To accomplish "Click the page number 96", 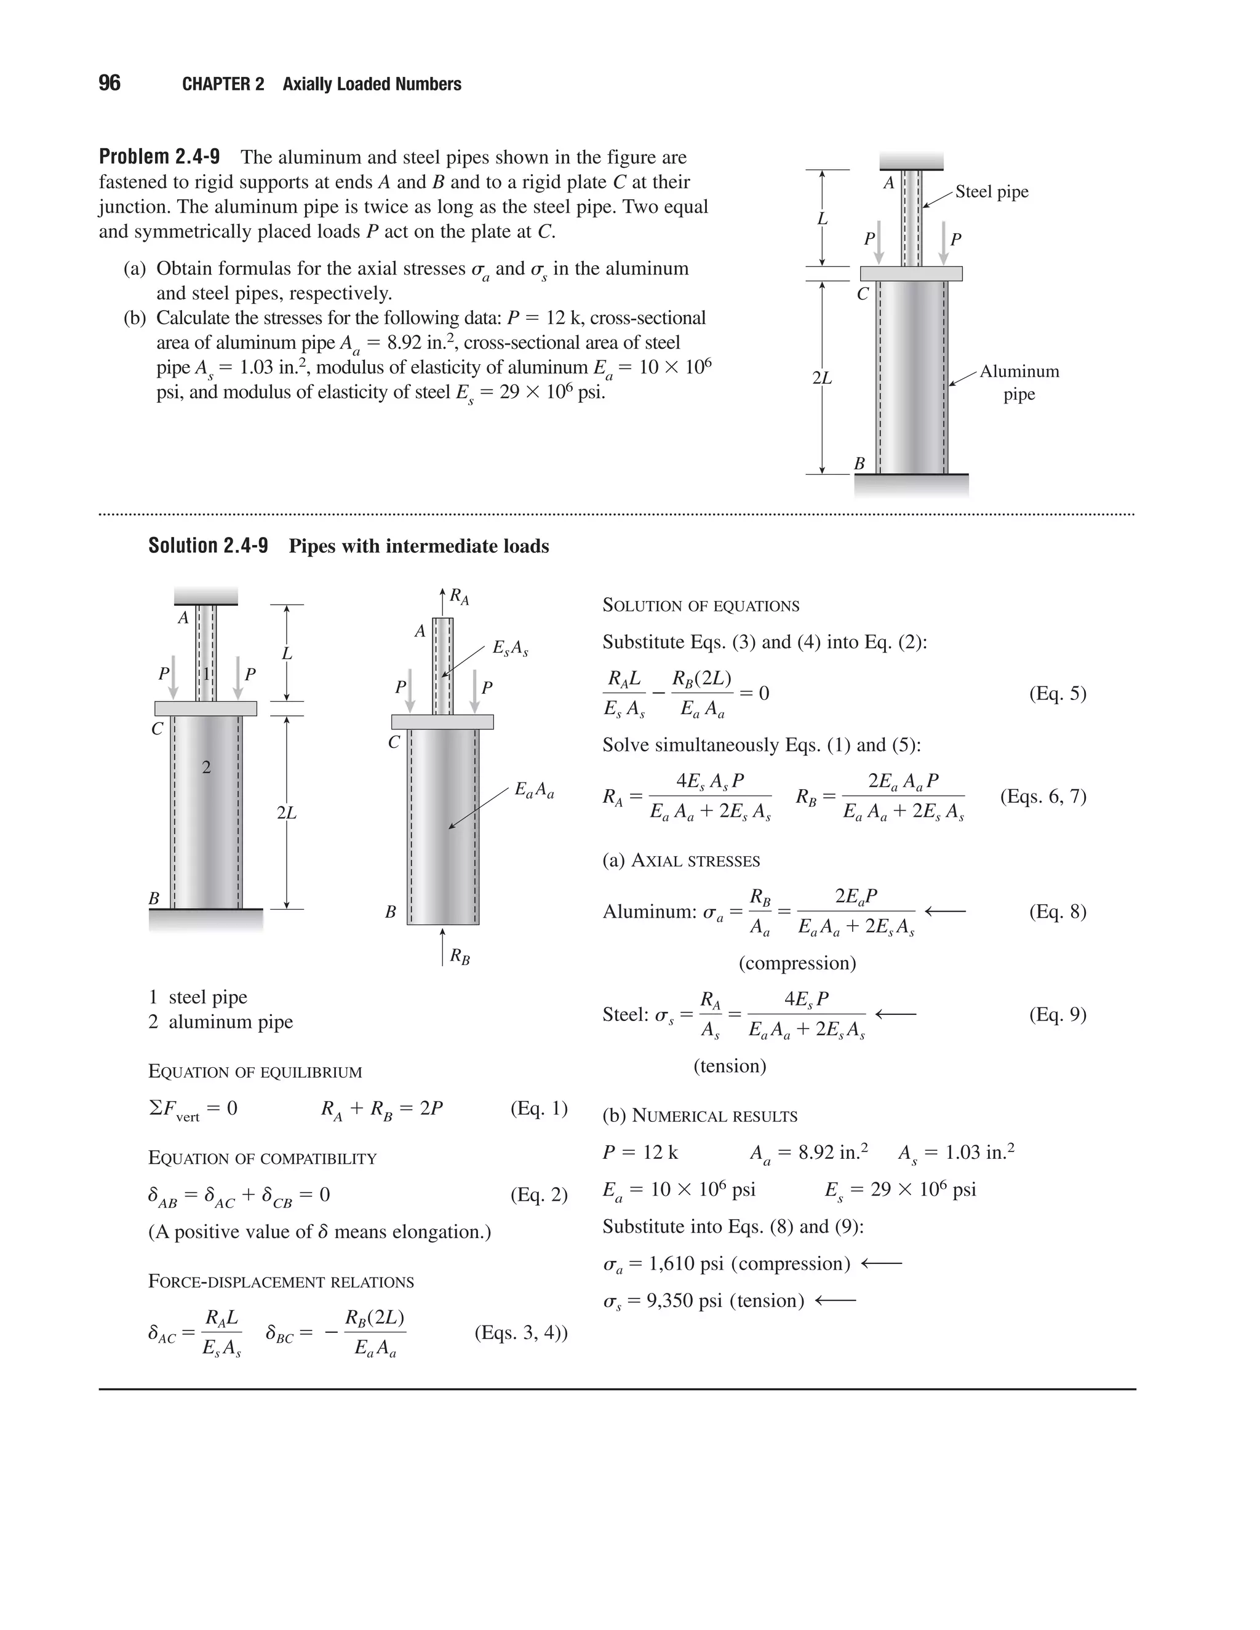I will [x=109, y=83].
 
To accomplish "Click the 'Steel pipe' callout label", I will [x=991, y=192].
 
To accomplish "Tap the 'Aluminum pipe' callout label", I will [x=1019, y=382].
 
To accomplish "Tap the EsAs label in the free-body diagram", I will [x=511, y=648].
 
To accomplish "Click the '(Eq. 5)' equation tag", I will [x=1057, y=693].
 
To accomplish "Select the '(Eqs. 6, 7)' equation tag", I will [x=1043, y=797].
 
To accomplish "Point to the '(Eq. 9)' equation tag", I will [x=1057, y=1014].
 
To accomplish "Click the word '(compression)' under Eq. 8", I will [x=797, y=963].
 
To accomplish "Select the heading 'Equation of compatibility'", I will [x=262, y=1158].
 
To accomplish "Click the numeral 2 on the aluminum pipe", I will [x=207, y=766].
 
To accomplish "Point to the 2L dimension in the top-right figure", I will [x=822, y=378].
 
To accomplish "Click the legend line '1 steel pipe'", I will [x=198, y=997].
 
